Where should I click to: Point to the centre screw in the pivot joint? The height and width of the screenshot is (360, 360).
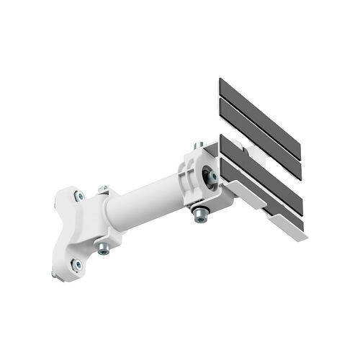(x=211, y=176)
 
